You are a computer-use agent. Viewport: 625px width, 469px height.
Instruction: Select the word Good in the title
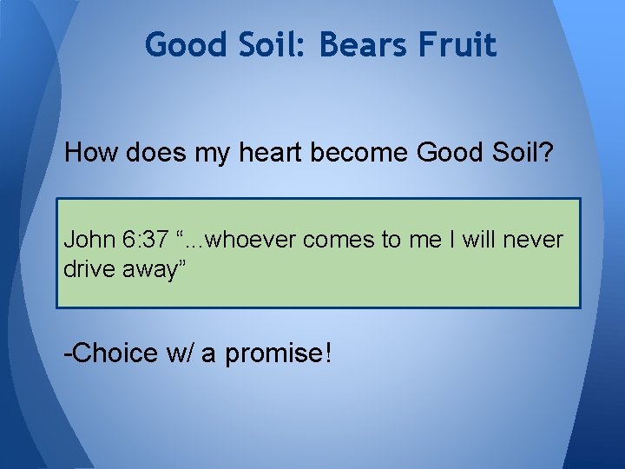click(x=183, y=44)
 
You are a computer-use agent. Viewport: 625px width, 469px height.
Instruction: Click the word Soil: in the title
click(x=269, y=44)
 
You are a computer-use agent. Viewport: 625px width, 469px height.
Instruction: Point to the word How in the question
click(x=92, y=153)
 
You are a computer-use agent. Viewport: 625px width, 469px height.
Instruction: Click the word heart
click(x=274, y=153)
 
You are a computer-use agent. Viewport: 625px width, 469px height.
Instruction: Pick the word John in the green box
click(x=85, y=240)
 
